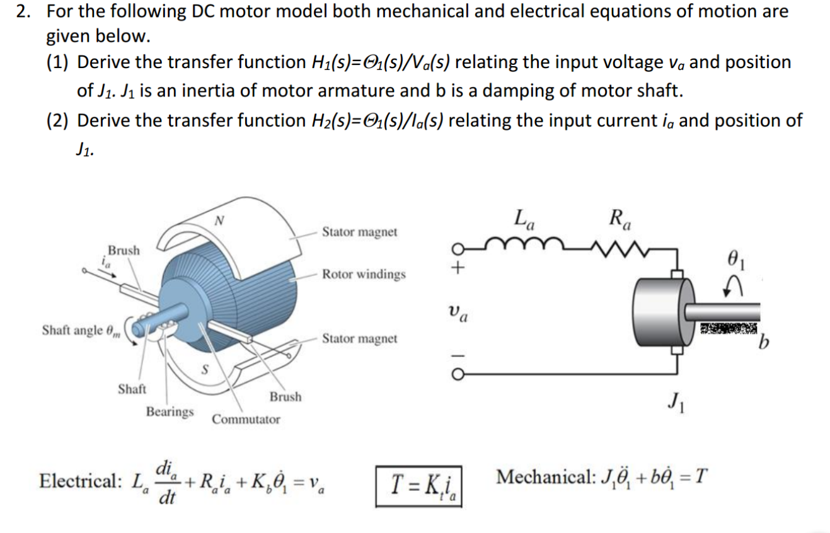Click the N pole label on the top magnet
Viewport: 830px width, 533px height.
219,221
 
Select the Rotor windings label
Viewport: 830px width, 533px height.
364,275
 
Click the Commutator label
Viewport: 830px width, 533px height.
246,419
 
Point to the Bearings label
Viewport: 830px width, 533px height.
170,411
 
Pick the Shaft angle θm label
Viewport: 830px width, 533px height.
78,330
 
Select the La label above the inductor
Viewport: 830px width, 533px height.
524,220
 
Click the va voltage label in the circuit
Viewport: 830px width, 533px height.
458,311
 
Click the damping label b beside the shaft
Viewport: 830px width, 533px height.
764,345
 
